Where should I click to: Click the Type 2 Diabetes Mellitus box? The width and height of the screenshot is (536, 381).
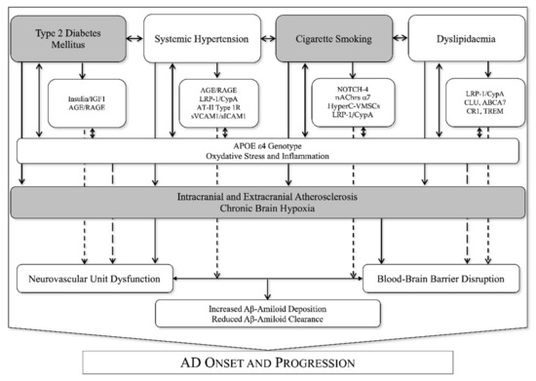69,39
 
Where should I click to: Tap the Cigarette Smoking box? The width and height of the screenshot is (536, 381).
331,39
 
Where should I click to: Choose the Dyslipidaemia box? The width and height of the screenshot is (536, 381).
462,39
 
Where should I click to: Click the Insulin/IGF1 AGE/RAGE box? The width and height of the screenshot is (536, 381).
87,103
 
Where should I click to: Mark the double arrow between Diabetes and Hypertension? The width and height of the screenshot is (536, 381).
135,39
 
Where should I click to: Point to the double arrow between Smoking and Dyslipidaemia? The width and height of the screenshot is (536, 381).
398,39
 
